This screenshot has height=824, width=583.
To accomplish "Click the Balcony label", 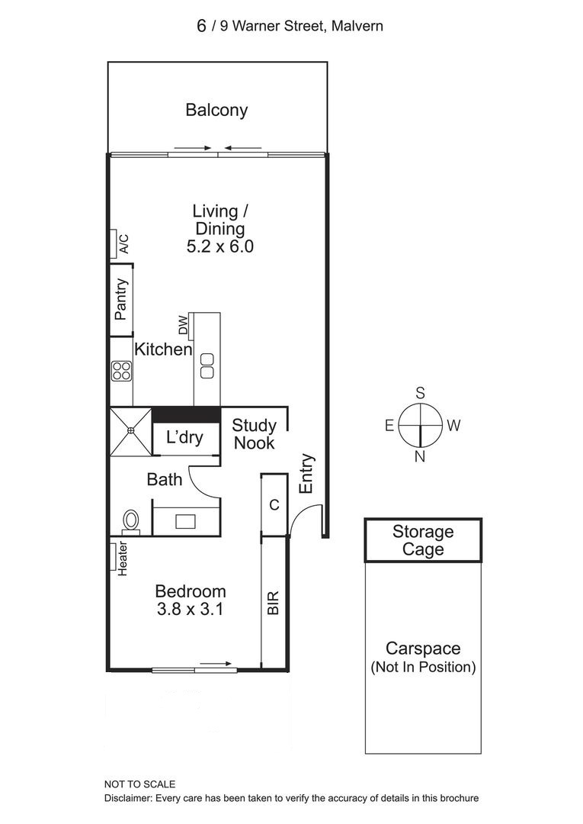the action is pyautogui.click(x=216, y=111).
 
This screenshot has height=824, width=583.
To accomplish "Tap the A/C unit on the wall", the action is pyautogui.click(x=114, y=244).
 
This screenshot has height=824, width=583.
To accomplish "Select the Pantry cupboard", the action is pyautogui.click(x=120, y=300).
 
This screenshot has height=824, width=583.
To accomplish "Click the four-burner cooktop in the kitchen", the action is pyautogui.click(x=121, y=371).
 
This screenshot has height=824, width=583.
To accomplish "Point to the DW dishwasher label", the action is pyautogui.click(x=183, y=325).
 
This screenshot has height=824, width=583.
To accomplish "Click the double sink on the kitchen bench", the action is pyautogui.click(x=207, y=365).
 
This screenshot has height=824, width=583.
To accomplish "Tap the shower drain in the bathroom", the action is pyautogui.click(x=130, y=430).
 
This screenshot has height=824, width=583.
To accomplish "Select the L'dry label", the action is pyautogui.click(x=184, y=437).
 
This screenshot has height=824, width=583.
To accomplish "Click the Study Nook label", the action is pyautogui.click(x=255, y=434).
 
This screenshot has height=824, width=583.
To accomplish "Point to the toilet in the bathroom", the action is pyautogui.click(x=131, y=522).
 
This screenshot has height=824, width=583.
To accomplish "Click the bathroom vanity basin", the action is pyautogui.click(x=185, y=521).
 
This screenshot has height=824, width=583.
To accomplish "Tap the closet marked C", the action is pyautogui.click(x=274, y=505).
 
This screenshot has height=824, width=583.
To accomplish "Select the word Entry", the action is pyautogui.click(x=306, y=474).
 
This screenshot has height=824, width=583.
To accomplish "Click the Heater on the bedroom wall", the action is pyautogui.click(x=114, y=556).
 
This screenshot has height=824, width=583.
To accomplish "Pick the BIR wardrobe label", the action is pyautogui.click(x=273, y=603).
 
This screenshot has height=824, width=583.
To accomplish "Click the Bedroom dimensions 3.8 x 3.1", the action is pyautogui.click(x=190, y=609).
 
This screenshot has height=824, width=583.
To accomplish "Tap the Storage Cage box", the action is pyautogui.click(x=423, y=541).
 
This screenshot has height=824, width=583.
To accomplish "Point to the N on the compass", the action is pyautogui.click(x=420, y=457).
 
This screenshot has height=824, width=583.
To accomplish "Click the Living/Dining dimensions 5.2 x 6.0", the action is pyautogui.click(x=220, y=246).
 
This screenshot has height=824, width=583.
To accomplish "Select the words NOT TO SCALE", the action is pyautogui.click(x=139, y=784).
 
